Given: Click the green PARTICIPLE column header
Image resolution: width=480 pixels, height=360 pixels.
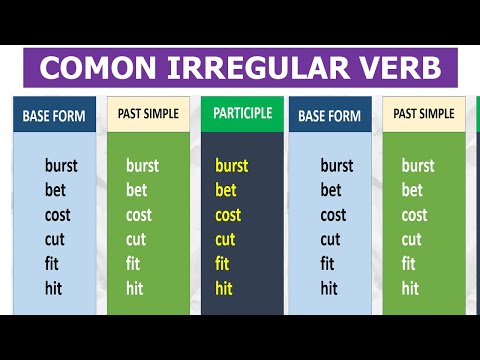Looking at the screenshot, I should tap(241, 113).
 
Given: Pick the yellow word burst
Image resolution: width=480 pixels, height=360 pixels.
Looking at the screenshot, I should tap(232, 166).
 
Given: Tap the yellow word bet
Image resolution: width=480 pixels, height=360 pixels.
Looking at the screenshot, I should tap(226, 190).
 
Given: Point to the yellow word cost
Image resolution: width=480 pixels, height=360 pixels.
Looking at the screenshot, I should tap(229, 215).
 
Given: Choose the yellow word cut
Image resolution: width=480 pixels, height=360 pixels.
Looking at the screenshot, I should tap(226, 240).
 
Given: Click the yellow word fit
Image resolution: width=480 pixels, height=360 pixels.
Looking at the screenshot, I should tap(223, 264).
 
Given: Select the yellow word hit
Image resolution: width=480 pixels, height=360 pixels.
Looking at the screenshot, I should tap(224, 288).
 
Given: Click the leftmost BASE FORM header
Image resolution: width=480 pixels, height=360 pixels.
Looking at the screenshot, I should tap(54, 116).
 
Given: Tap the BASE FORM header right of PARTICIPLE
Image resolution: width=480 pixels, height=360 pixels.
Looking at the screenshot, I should tap(330, 116).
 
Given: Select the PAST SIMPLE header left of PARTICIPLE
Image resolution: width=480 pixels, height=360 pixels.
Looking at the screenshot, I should tap(149, 114).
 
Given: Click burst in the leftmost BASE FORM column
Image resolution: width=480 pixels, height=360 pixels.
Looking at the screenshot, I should tap(62, 166).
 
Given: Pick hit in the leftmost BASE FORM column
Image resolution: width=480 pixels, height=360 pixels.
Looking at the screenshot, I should tap(54, 288).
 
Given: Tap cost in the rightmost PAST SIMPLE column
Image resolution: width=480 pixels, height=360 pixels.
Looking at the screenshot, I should tap(416, 215).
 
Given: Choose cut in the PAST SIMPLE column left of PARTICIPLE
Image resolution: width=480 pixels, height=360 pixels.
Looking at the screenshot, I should tap(136, 240).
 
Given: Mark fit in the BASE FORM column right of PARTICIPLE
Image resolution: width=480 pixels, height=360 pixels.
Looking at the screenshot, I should tap(328, 264).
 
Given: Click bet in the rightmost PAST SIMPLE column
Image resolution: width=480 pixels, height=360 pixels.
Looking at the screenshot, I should tap(412, 190).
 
